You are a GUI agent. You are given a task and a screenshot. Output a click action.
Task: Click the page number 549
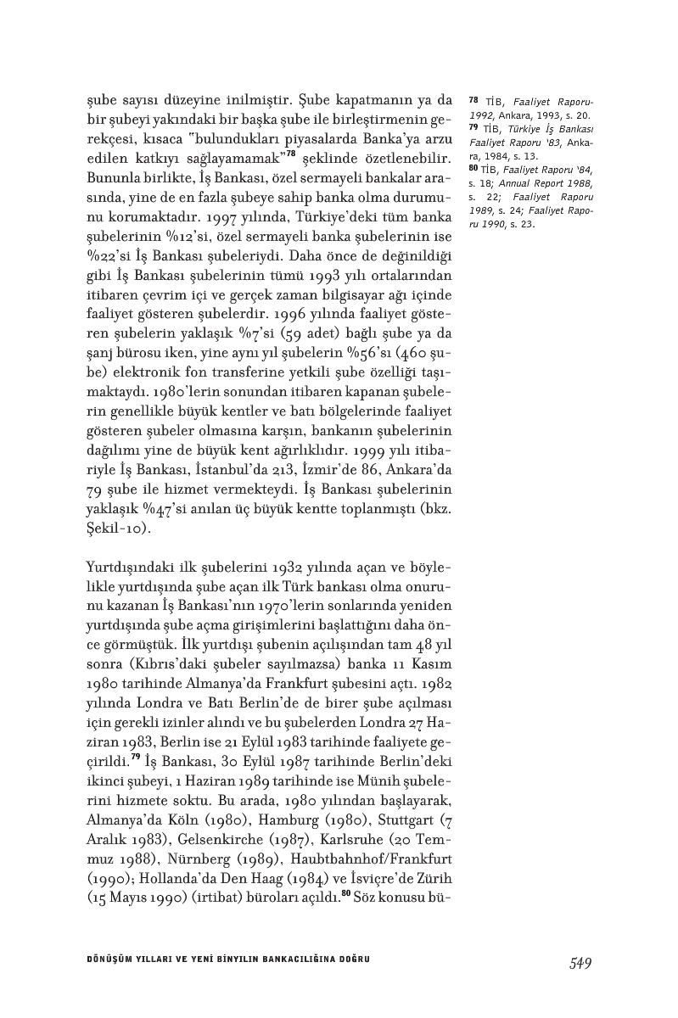pyautogui.click(x=580, y=962)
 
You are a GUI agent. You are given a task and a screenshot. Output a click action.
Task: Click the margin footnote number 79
pyautogui.click(x=473, y=126)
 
